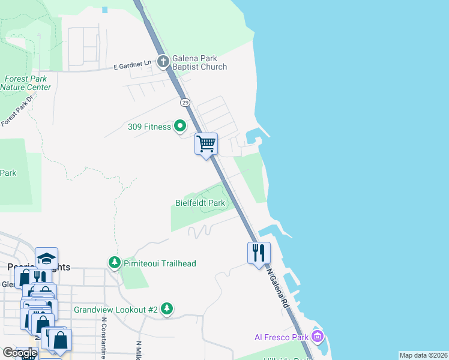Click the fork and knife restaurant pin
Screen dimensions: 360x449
[x=259, y=252]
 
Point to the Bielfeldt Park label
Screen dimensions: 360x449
[x=200, y=203]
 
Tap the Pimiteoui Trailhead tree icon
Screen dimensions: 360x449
[x=114, y=263]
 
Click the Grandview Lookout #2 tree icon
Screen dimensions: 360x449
[x=167, y=309]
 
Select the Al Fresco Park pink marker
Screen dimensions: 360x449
[x=318, y=337]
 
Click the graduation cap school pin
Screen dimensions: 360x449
[x=46, y=258]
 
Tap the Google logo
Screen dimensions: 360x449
[x=20, y=353]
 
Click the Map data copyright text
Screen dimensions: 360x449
[x=423, y=355]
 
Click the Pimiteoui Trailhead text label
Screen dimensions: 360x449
[x=160, y=263]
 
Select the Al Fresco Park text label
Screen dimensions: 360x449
[x=283, y=337]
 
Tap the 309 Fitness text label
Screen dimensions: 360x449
[x=149, y=127]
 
